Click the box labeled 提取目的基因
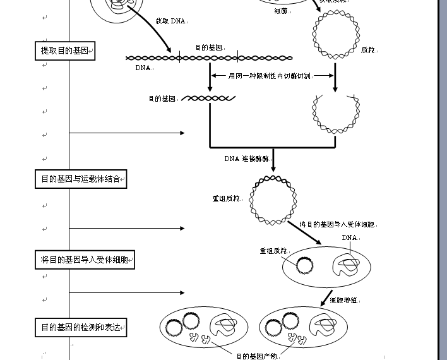pos(65,51)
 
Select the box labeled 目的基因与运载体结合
pos(81,179)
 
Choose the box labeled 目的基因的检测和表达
pos(81,327)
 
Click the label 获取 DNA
pos(171,21)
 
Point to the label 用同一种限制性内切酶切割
pos(270,76)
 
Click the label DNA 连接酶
pos(247,159)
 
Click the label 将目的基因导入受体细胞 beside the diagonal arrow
pos(337,224)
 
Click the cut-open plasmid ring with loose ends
pos(335,115)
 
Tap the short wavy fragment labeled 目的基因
pos(209,99)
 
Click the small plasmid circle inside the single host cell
pos(306,266)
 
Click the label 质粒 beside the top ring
pos(367,50)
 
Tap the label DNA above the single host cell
pos(349,238)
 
